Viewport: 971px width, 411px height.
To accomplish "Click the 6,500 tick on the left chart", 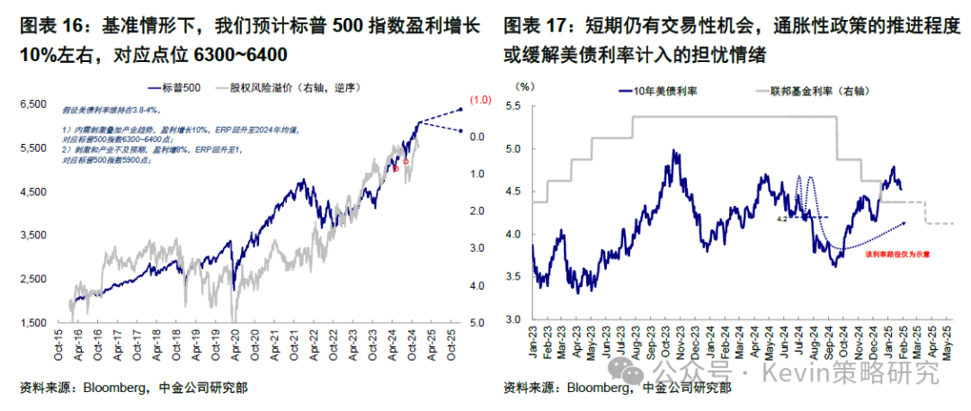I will pyautogui.click(x=32, y=105).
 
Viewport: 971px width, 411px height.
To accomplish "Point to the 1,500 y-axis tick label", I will pyautogui.click(x=32, y=322).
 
